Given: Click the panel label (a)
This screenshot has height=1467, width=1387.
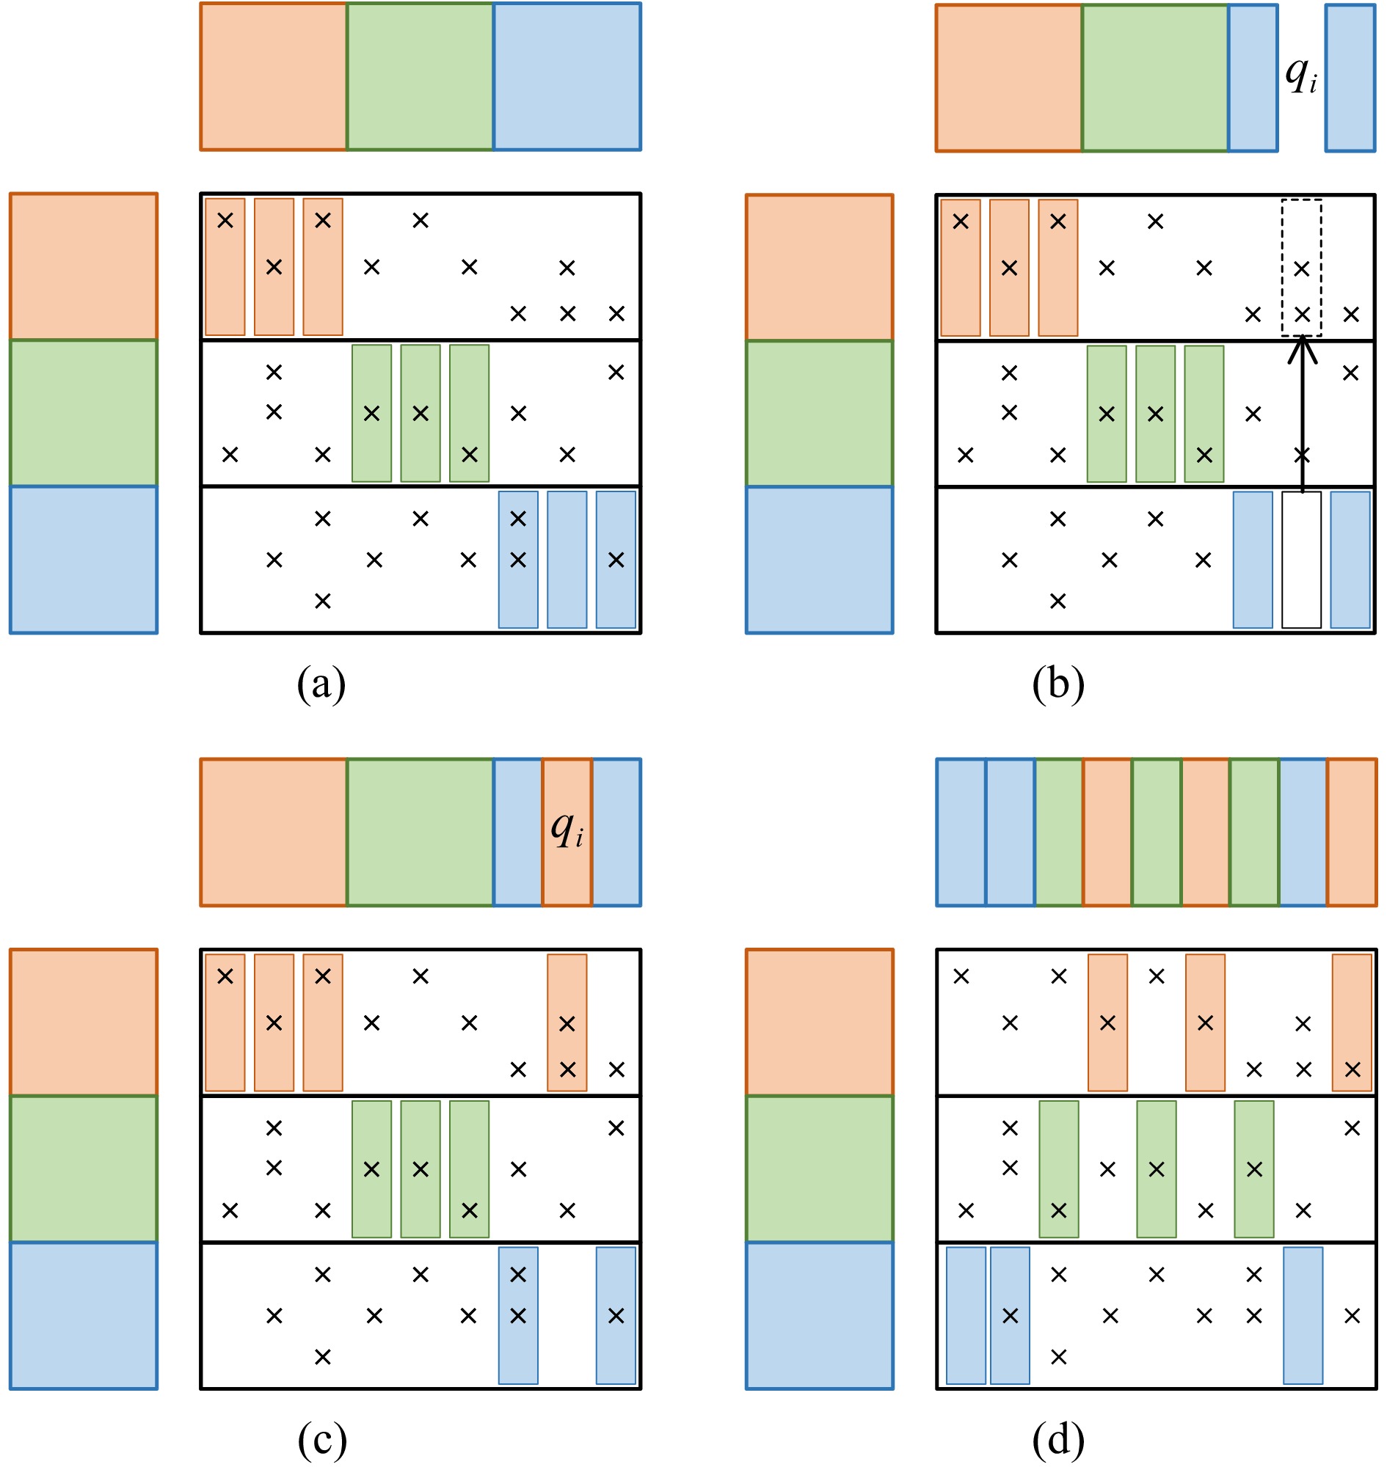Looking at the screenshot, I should click(321, 684).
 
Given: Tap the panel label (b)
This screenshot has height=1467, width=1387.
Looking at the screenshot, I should click(1058, 684).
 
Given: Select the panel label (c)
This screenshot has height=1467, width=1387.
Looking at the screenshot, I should click(321, 1439).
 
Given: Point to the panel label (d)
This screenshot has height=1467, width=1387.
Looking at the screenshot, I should click(1058, 1439).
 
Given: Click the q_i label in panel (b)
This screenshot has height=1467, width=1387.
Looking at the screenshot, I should click(1300, 76).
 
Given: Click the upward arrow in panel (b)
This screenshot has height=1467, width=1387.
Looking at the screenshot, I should click(1302, 414).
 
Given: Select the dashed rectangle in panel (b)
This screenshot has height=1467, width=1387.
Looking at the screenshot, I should click(1301, 268).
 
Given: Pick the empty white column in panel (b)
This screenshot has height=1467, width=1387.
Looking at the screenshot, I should click(1301, 560).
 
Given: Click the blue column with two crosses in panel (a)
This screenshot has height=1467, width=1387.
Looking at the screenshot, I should click(518, 560).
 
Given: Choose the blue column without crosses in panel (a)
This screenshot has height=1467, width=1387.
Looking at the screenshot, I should click(567, 560).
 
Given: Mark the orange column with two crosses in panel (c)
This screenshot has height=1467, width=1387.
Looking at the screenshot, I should click(567, 1022).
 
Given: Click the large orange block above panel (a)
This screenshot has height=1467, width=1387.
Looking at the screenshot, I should click(274, 77).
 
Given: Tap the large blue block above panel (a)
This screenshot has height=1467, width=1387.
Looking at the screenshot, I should click(567, 77).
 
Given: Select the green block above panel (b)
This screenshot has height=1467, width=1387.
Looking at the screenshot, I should click(1155, 78).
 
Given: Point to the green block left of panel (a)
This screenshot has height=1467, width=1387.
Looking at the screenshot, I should click(84, 413).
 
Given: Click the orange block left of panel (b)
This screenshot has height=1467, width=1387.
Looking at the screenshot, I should click(819, 268).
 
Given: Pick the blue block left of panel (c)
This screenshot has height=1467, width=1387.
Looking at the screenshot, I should click(84, 1315).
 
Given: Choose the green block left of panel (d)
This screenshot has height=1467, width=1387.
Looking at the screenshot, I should click(819, 1169).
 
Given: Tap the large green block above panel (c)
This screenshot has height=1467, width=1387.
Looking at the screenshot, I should click(420, 833).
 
